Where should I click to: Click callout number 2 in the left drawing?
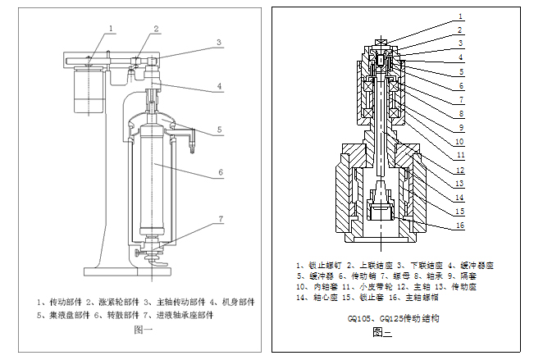(155, 28)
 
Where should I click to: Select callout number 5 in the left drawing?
(220, 130)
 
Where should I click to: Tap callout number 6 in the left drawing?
(220, 173)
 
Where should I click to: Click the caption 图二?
(382, 332)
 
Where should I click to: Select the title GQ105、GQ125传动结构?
(383, 317)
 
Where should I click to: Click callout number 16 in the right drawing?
(461, 225)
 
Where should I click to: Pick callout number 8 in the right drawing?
(461, 113)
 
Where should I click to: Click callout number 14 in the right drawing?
(461, 197)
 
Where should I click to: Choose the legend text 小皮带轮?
(358, 288)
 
